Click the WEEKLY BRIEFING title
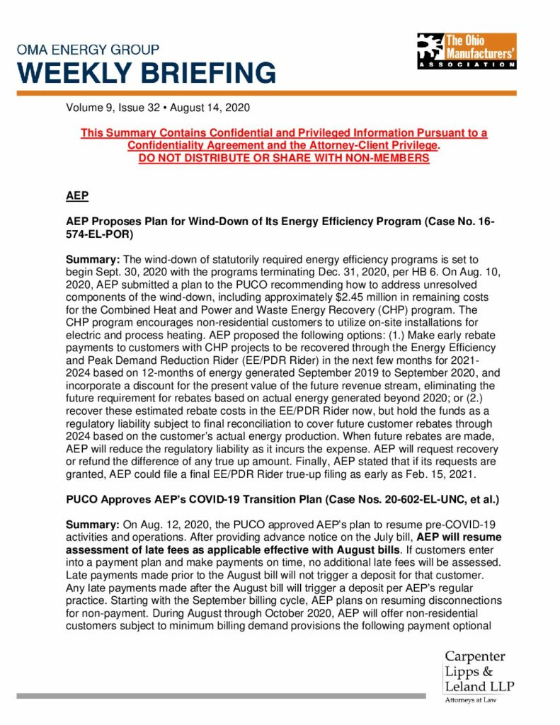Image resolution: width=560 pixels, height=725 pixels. click(x=147, y=73)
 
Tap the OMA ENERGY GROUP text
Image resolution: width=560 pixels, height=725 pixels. click(x=88, y=50)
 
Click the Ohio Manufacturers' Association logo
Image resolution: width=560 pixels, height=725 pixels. click(x=466, y=51)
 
